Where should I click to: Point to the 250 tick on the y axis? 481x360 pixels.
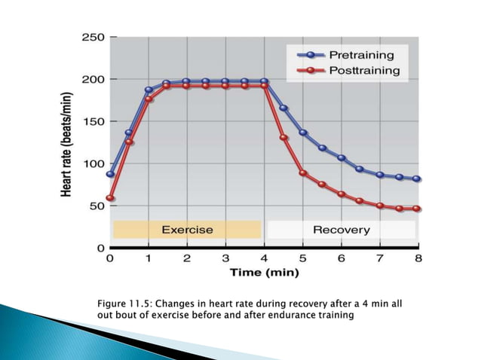tap(93, 37)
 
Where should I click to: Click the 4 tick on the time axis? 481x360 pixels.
tap(265, 258)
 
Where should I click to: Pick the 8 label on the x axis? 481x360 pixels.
tap(418, 258)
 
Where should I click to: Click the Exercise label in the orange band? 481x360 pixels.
tap(187, 229)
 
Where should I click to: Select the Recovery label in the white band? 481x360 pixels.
tap(342, 229)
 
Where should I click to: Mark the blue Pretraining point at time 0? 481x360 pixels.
tap(110, 174)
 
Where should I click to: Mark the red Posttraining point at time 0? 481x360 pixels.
tap(110, 199)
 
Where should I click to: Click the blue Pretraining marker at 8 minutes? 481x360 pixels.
tap(417, 179)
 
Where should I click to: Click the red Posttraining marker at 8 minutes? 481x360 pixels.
tap(417, 209)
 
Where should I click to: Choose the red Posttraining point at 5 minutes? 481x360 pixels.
tap(303, 172)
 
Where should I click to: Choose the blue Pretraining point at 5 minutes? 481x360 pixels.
tap(303, 133)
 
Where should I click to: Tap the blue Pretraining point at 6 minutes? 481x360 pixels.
tap(342, 158)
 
